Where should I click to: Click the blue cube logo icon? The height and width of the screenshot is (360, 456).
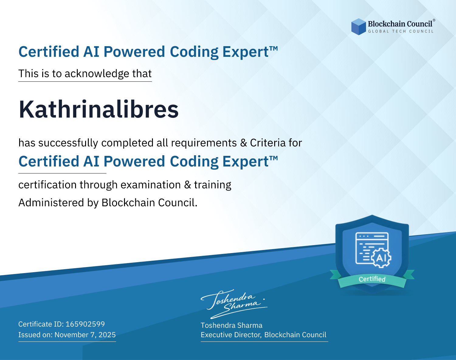[358, 27]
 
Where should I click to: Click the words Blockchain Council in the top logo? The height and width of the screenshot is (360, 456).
[400, 24]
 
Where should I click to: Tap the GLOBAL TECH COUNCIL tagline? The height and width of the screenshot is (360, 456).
[401, 31]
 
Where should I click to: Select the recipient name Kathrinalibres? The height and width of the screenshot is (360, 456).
[98, 109]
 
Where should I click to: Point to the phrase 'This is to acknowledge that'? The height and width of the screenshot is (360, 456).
[85, 74]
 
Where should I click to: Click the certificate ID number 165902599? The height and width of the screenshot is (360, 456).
[85, 324]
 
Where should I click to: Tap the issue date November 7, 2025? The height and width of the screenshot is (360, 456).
[85, 335]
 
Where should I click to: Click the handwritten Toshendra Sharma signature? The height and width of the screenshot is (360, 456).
[234, 303]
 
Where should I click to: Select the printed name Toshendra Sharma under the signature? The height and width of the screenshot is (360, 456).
[231, 325]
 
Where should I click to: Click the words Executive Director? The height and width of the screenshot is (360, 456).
[231, 335]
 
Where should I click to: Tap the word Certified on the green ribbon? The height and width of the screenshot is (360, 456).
[372, 279]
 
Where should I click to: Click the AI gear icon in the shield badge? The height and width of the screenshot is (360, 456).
[381, 258]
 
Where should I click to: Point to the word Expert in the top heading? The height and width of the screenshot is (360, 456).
[246, 52]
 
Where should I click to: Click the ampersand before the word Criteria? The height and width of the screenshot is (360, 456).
[244, 143]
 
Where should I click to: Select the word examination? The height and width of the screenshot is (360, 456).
[150, 185]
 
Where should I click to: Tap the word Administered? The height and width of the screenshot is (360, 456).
[51, 202]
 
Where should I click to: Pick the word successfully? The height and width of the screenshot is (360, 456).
[68, 143]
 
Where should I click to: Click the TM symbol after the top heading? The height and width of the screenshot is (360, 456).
[274, 49]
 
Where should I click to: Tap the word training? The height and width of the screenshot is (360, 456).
[212, 185]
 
